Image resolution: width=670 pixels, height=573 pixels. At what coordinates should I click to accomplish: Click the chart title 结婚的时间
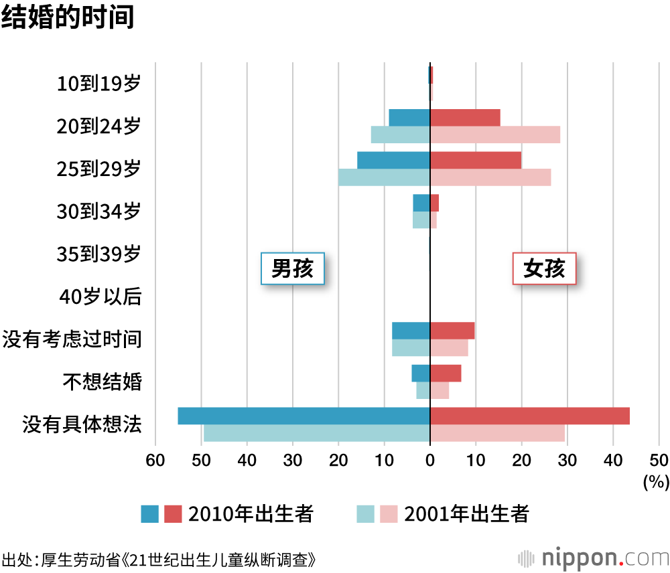[68, 17]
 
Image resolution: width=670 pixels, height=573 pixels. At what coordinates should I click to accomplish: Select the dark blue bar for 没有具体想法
[304, 416]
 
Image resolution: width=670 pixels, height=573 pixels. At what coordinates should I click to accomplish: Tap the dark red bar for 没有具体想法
[529, 416]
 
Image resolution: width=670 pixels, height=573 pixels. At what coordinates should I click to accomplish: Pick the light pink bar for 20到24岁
[494, 135]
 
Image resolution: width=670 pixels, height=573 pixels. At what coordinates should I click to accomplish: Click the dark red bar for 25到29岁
[476, 161]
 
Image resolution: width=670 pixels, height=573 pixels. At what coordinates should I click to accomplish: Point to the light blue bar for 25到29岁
[384, 177]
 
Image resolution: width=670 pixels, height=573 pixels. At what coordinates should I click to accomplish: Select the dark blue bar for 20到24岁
[409, 118]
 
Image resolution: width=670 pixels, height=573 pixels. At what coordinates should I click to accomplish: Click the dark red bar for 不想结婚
[446, 373]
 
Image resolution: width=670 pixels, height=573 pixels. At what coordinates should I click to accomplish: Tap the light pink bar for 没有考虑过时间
[449, 348]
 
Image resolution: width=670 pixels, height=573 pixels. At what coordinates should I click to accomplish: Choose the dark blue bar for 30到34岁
[421, 203]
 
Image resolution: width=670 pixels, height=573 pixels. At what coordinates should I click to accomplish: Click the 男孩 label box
[292, 268]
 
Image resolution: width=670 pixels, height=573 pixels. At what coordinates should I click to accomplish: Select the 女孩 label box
[544, 268]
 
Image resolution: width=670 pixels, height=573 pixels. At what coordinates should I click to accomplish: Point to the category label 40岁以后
[100, 297]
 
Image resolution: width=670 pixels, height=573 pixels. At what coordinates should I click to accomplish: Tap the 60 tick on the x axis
[155, 461]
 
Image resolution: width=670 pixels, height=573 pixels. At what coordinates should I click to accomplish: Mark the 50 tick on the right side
[659, 461]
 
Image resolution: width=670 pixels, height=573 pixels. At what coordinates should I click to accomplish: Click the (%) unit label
[656, 481]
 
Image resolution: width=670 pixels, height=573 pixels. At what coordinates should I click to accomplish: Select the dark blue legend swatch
[149, 514]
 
